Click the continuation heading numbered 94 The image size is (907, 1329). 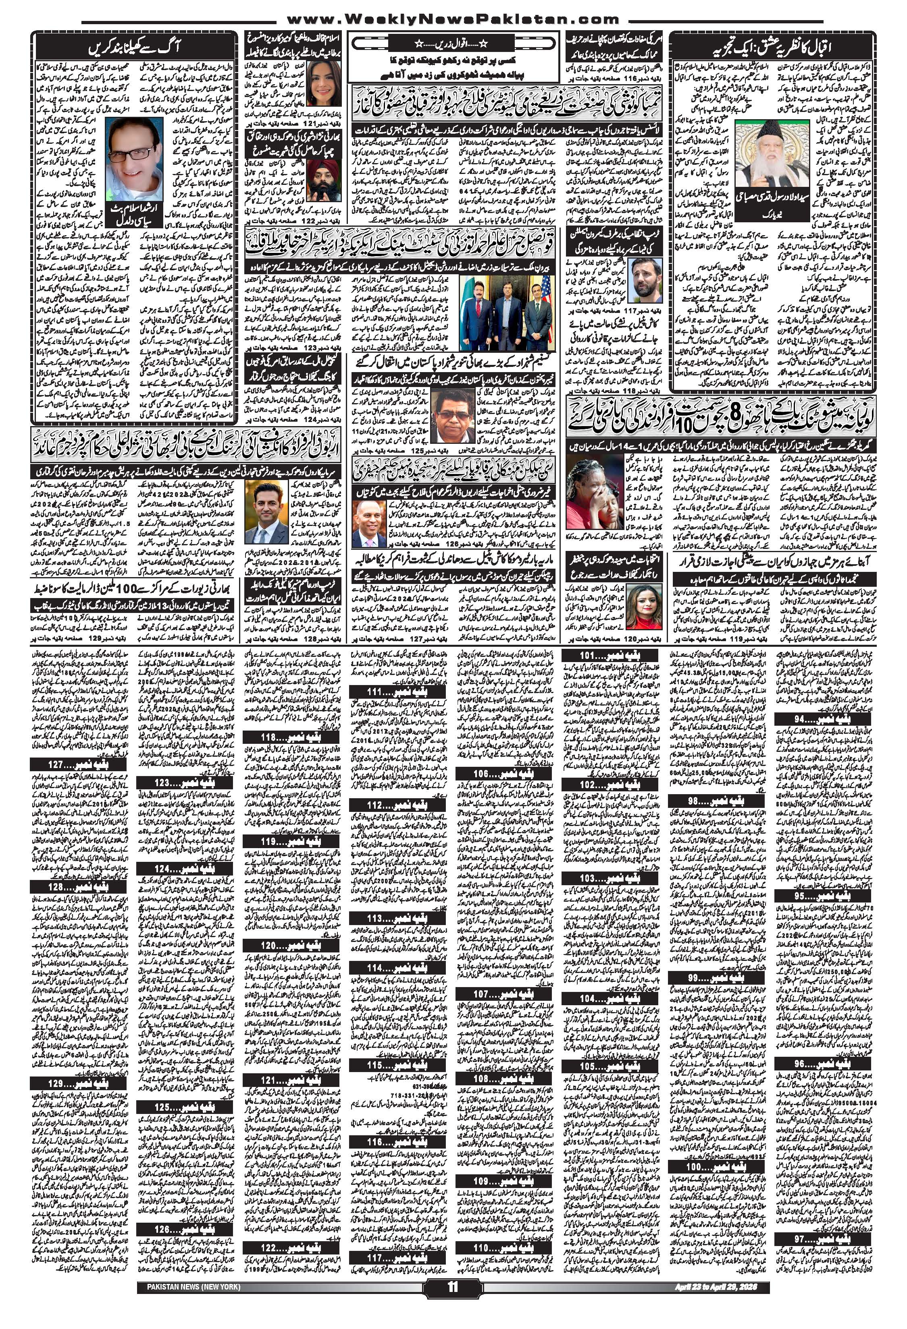pyautogui.click(x=824, y=718)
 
